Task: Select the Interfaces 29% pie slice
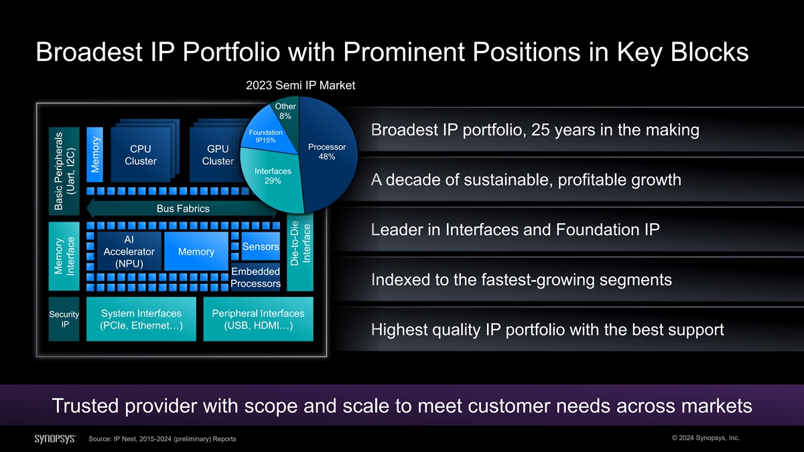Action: coord(273,177)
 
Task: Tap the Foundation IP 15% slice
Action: coord(267,135)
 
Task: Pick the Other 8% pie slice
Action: coord(286,111)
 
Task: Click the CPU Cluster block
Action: coord(141,155)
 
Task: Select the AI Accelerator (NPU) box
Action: coord(129,251)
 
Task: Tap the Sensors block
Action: coord(261,246)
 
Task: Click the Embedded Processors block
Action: coord(255,277)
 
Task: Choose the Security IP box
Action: coord(64,319)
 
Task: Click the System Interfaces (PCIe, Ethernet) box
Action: coord(141,319)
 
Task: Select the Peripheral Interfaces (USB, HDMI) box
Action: coord(258,319)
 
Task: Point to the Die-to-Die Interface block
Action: coord(300,251)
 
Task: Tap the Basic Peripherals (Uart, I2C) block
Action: coord(64,171)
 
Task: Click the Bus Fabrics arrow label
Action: coord(183,208)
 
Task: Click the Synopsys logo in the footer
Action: coord(55,439)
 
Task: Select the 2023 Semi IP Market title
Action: coord(300,86)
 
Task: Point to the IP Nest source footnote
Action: coord(162,439)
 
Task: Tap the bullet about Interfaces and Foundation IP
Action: coord(515,230)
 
